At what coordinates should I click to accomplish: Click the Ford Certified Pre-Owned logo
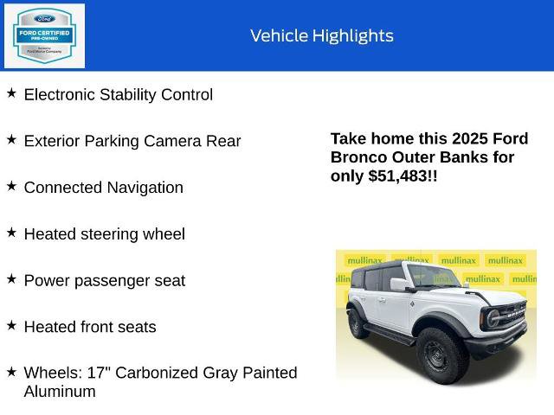point(45,35)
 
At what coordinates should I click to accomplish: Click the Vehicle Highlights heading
point(321,35)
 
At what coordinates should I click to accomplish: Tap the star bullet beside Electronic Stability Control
point(11,93)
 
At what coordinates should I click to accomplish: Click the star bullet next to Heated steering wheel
point(11,233)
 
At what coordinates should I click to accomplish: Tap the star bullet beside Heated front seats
point(11,325)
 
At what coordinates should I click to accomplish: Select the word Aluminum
point(59,392)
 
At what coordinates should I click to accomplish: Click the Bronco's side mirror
point(398,284)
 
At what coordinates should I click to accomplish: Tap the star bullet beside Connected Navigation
point(11,186)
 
